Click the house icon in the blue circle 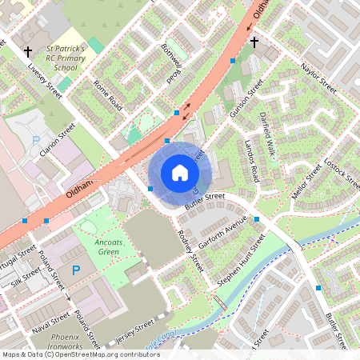tap(180, 173)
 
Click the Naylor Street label tap(317, 78)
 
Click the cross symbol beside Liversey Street tap(28, 52)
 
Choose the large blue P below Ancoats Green tap(75, 271)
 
